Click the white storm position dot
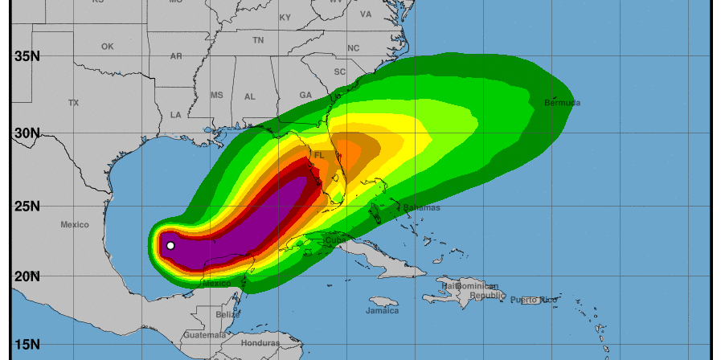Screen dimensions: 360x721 [170, 246]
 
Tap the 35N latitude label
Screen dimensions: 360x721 [27, 56]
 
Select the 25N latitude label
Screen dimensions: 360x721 [27, 206]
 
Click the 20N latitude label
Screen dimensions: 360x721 [27, 276]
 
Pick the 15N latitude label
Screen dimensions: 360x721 [27, 345]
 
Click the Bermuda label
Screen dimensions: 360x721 [562, 103]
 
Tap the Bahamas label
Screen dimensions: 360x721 [422, 207]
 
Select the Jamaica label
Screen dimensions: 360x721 [382, 310]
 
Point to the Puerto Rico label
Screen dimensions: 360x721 [539, 300]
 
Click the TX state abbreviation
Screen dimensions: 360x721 [74, 103]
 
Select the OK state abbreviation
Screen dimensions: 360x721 [108, 47]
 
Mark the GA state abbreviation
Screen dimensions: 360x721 [305, 95]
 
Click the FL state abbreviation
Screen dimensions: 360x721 [320, 155]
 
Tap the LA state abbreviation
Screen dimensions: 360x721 [175, 115]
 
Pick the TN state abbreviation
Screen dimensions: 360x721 [258, 39]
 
